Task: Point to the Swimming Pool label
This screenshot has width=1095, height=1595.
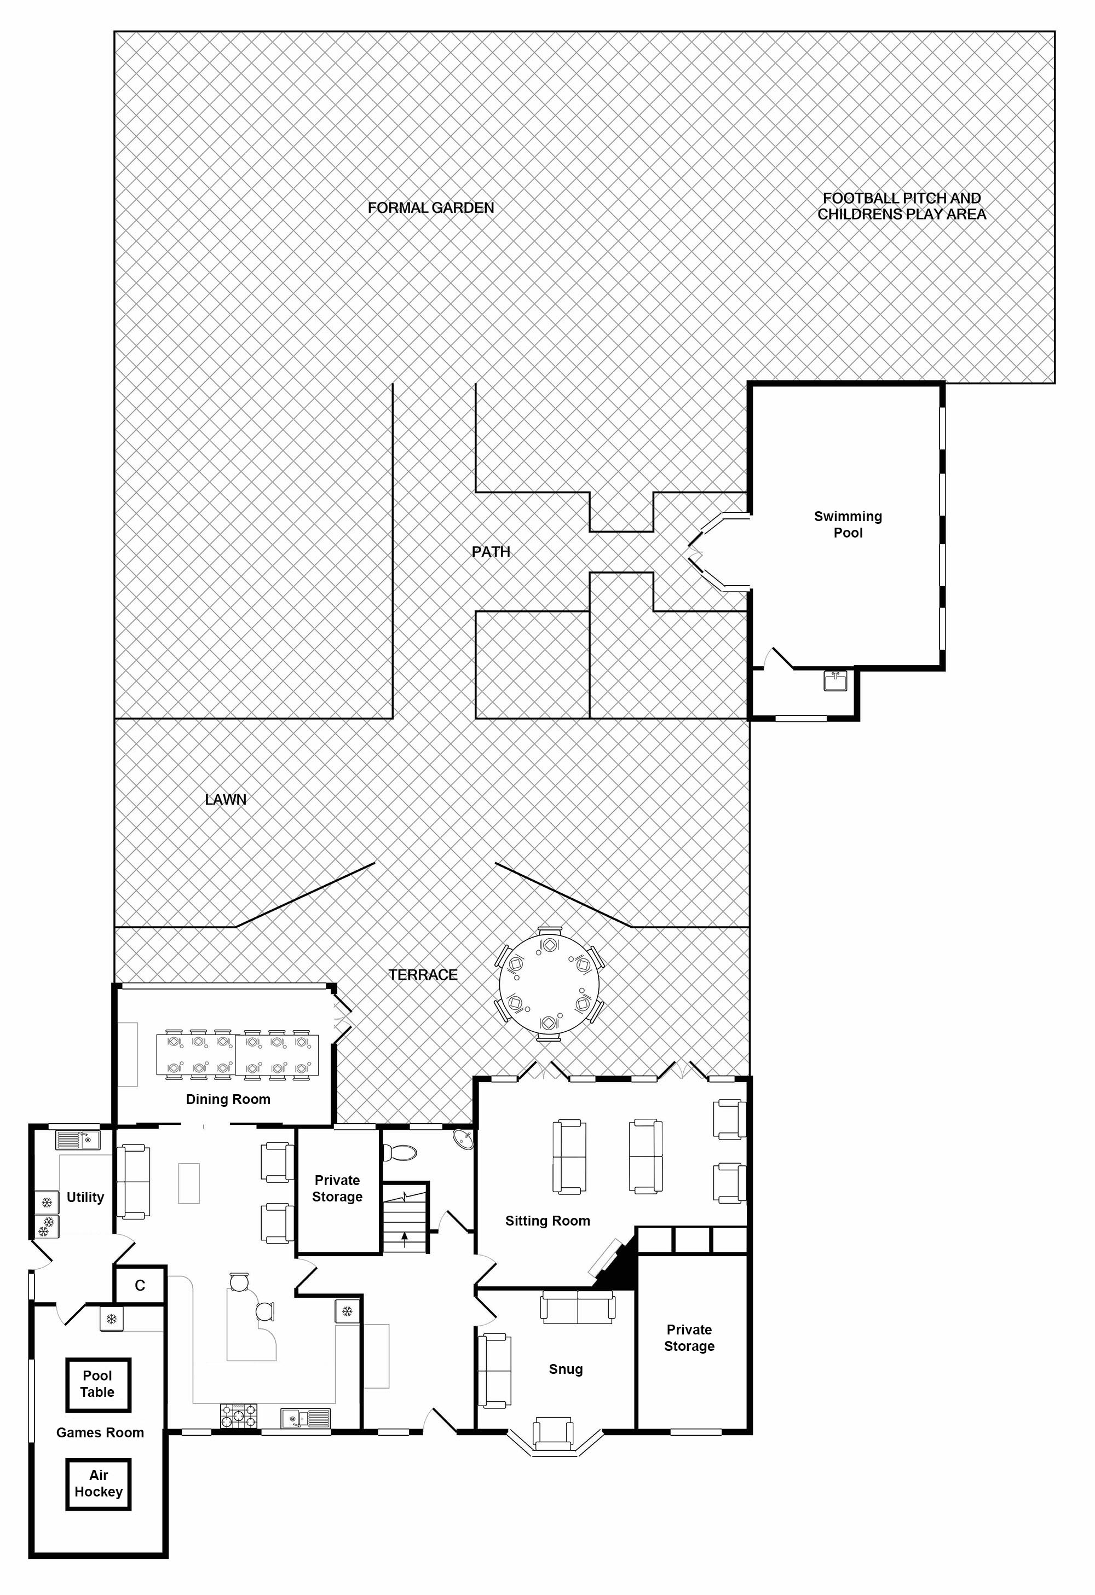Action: [848, 524]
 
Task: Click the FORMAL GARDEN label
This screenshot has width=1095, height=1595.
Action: [430, 207]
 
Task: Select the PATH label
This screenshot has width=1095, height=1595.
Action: [491, 552]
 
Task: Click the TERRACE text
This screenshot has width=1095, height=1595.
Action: [423, 974]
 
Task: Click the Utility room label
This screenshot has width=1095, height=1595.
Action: [85, 1197]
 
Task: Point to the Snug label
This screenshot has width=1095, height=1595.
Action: [566, 1369]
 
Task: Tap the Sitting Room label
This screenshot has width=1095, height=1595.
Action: [548, 1220]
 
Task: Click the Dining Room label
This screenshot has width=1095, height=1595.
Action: [228, 1099]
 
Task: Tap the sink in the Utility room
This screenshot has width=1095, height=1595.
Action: [78, 1141]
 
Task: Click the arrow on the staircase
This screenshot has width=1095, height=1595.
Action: [405, 1239]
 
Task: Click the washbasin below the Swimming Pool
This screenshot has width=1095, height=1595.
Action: [836, 681]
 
